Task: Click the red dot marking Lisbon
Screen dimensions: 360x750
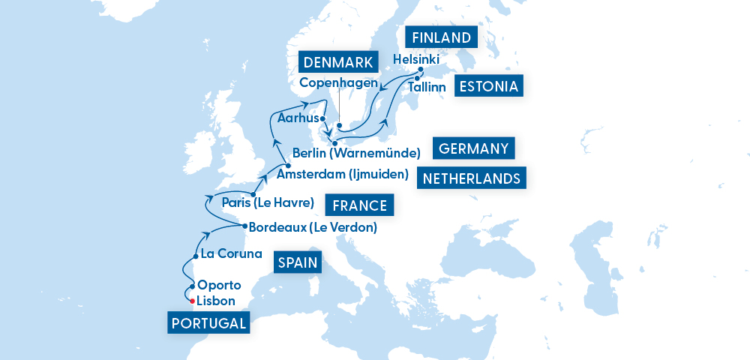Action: pyautogui.click(x=193, y=301)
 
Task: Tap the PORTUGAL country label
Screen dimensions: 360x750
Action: pyautogui.click(x=208, y=323)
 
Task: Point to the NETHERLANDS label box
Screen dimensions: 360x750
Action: pyautogui.click(x=472, y=178)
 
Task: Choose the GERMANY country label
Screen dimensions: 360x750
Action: pyautogui.click(x=473, y=148)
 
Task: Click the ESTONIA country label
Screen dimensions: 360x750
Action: pyautogui.click(x=490, y=87)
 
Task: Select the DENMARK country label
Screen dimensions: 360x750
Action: pyautogui.click(x=340, y=61)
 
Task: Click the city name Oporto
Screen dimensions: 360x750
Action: pyautogui.click(x=219, y=285)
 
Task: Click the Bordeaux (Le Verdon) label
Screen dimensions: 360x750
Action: pyautogui.click(x=312, y=226)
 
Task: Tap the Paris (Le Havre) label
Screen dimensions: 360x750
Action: pyautogui.click(x=268, y=201)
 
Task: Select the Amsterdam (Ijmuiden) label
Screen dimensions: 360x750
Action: pyautogui.click(x=342, y=175)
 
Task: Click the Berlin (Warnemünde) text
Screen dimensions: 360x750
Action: pyautogui.click(x=355, y=153)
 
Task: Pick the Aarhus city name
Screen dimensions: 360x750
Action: pyautogui.click(x=297, y=118)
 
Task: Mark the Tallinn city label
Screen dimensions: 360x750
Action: pyautogui.click(x=427, y=88)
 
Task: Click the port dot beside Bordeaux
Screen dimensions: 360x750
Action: pyautogui.click(x=244, y=226)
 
